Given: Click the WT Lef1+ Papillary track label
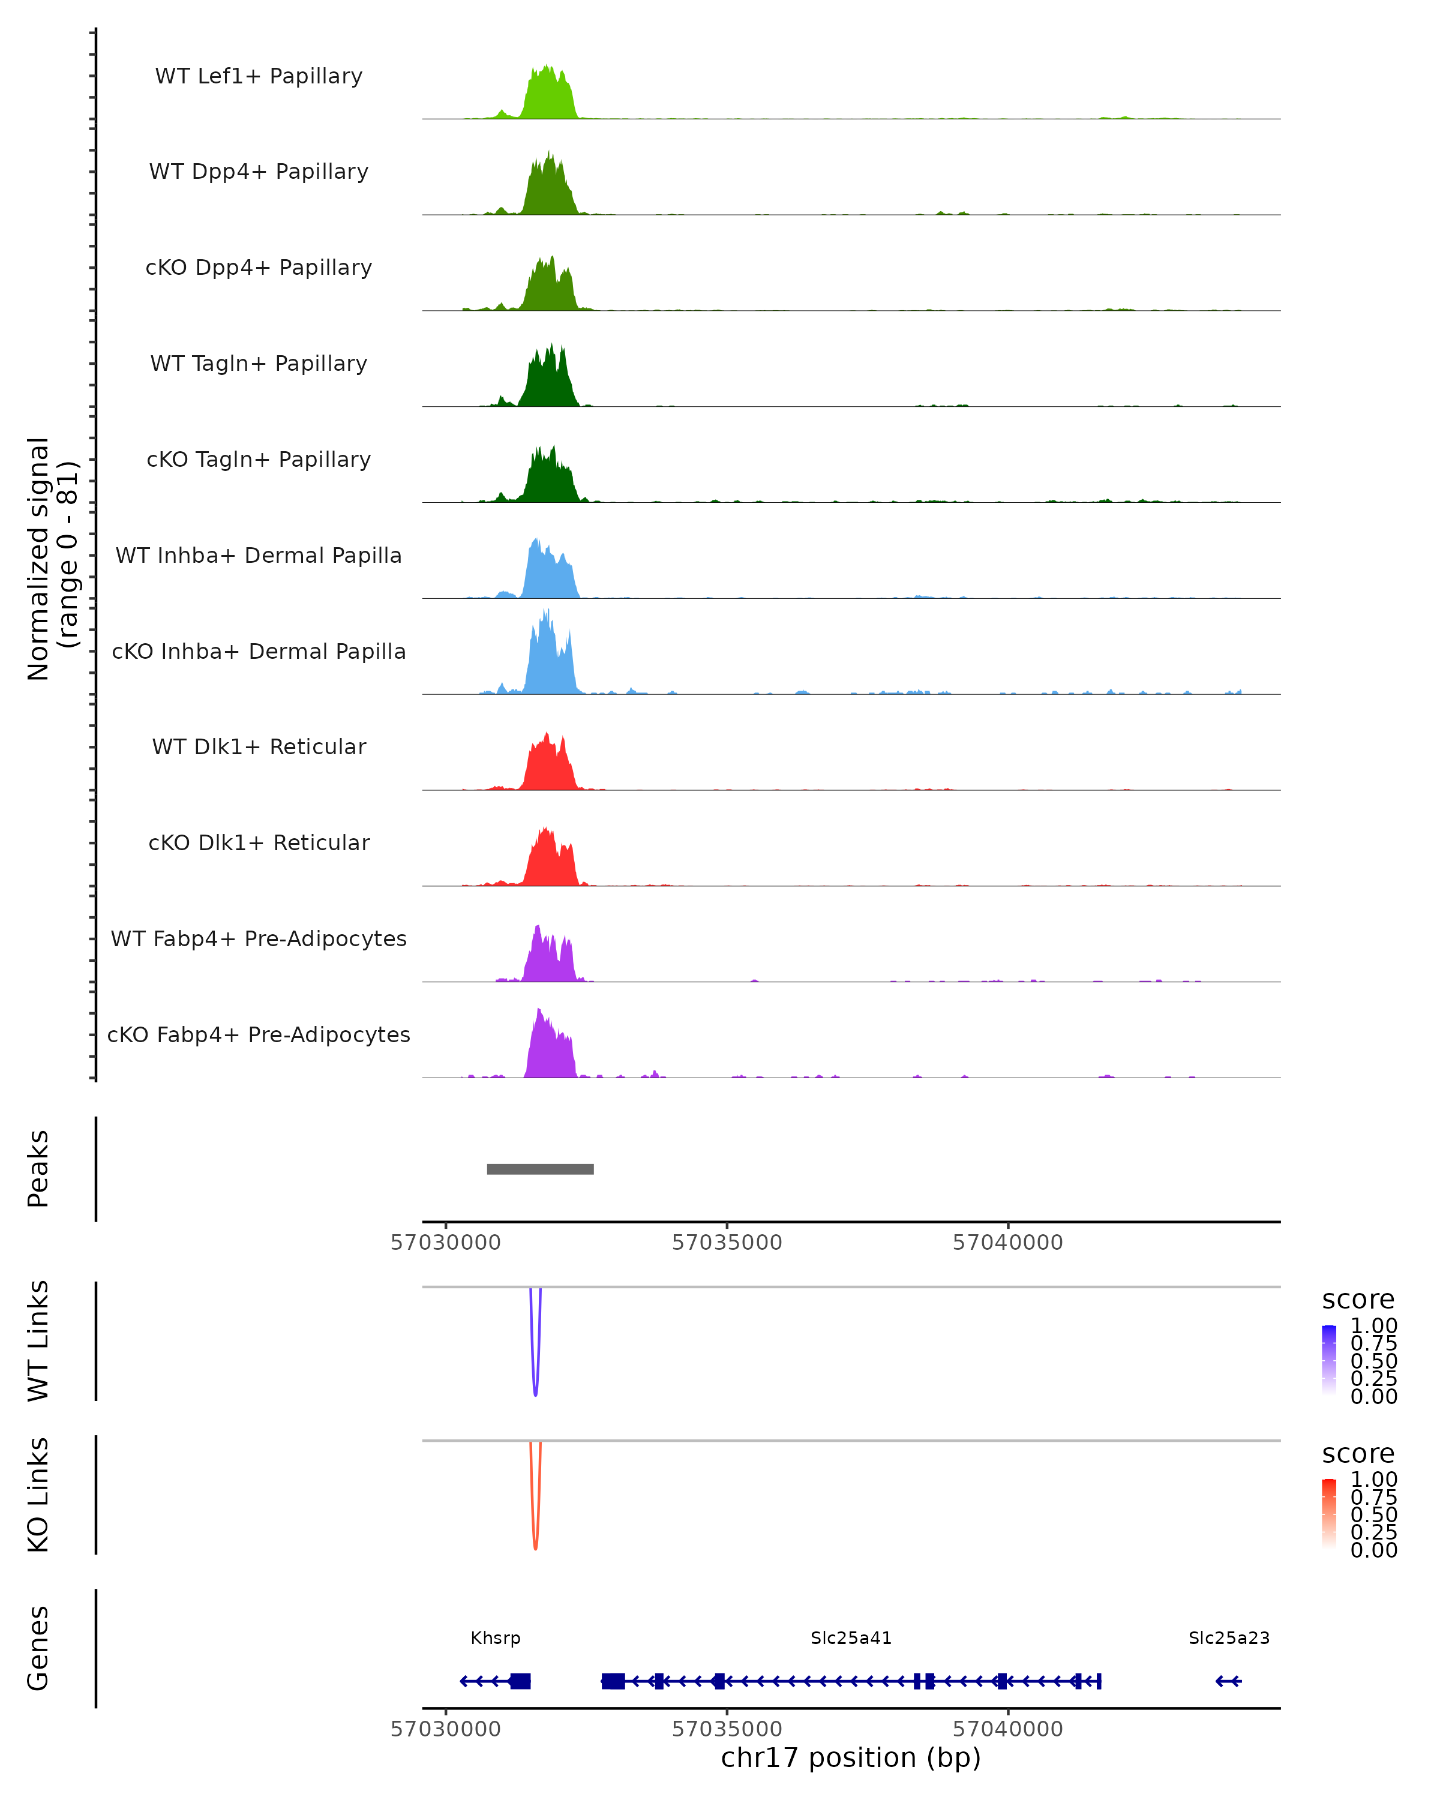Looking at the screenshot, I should tap(259, 76).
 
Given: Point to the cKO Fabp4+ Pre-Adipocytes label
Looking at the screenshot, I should tap(259, 1034).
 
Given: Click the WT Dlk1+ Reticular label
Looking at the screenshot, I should tap(259, 746).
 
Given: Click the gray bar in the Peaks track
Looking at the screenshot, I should tap(540, 1169).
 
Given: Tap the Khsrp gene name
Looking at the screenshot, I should tap(495, 1638).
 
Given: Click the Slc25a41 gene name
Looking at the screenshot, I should tap(851, 1638).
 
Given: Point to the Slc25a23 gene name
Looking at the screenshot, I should tap(1229, 1638).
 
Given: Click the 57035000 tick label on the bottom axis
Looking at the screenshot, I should tap(726, 1729).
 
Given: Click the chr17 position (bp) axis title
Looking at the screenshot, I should tap(851, 1758).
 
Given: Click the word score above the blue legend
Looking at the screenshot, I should tap(1358, 1300).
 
